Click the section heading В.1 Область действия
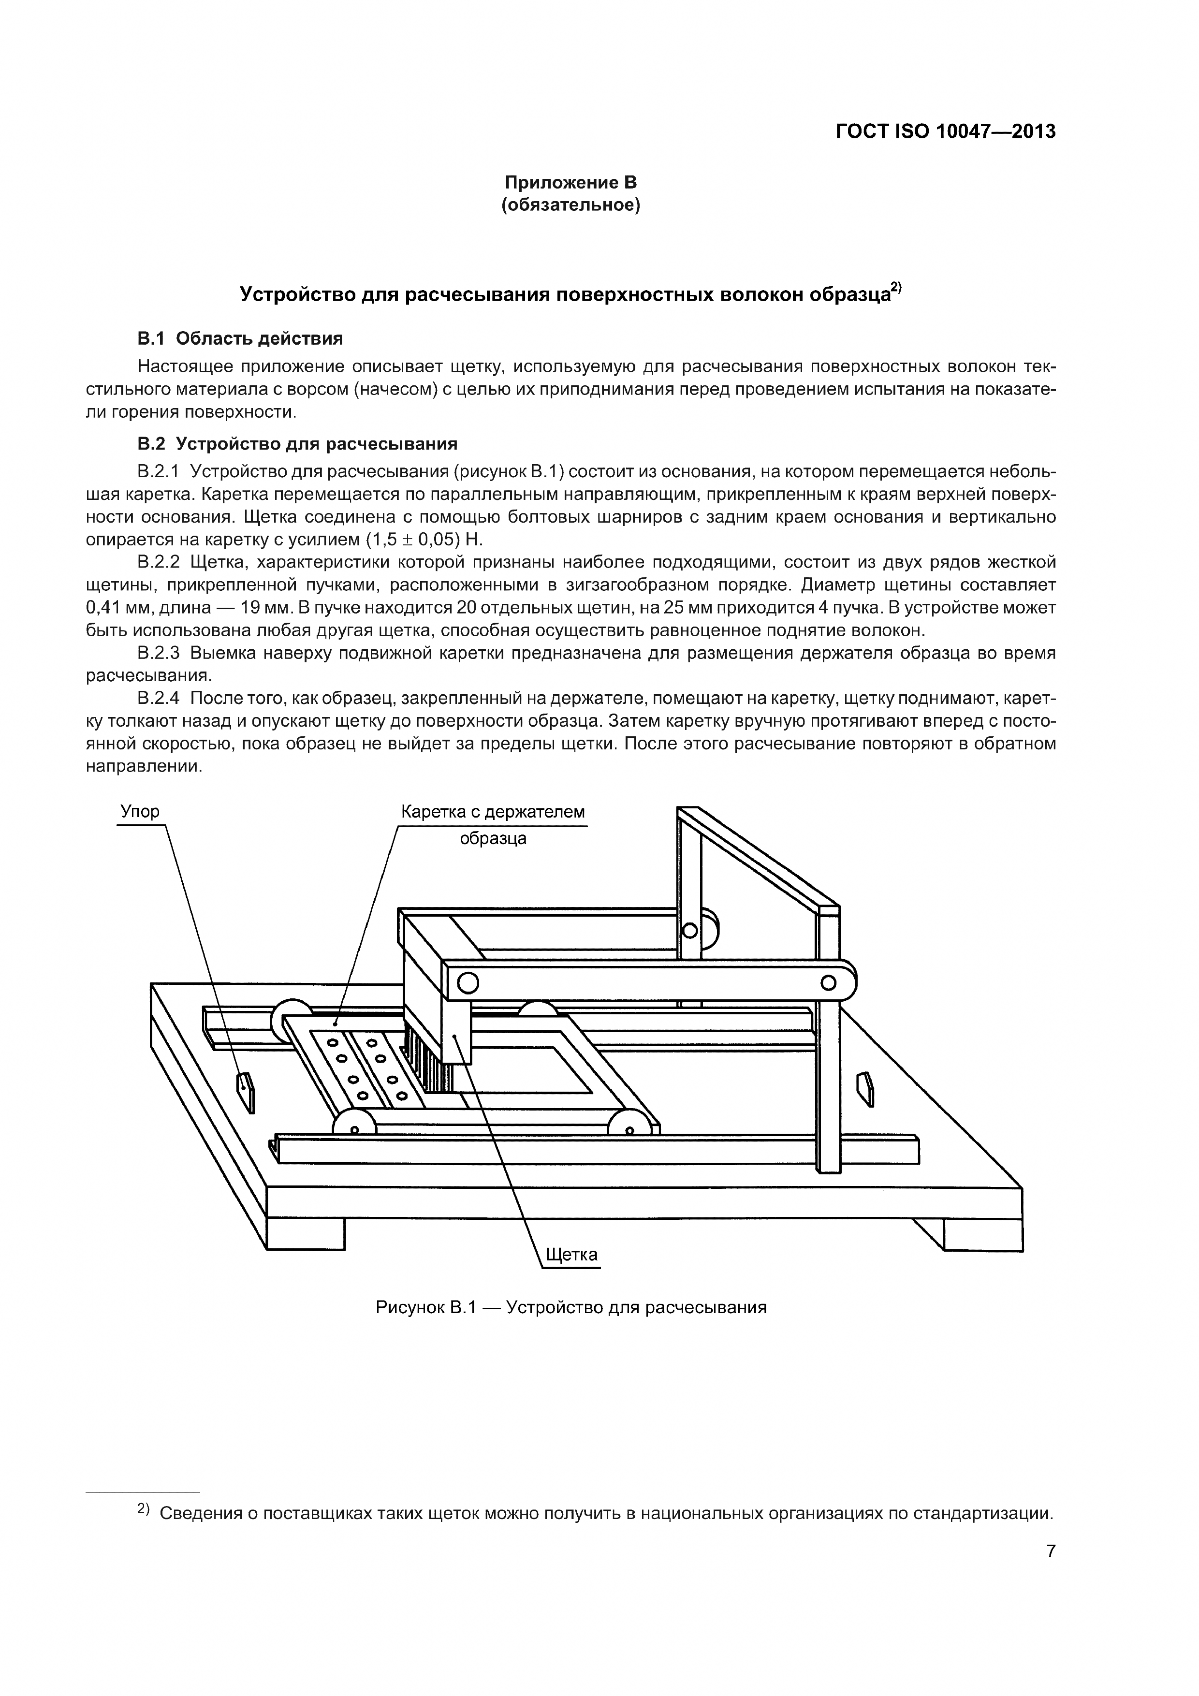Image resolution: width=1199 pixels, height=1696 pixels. (240, 339)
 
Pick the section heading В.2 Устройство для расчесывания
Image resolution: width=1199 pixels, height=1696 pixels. (297, 444)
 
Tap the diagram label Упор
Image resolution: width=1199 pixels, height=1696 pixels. (140, 811)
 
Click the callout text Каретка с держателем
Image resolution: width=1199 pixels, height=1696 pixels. (493, 811)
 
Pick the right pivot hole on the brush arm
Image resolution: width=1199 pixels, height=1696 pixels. (828, 982)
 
